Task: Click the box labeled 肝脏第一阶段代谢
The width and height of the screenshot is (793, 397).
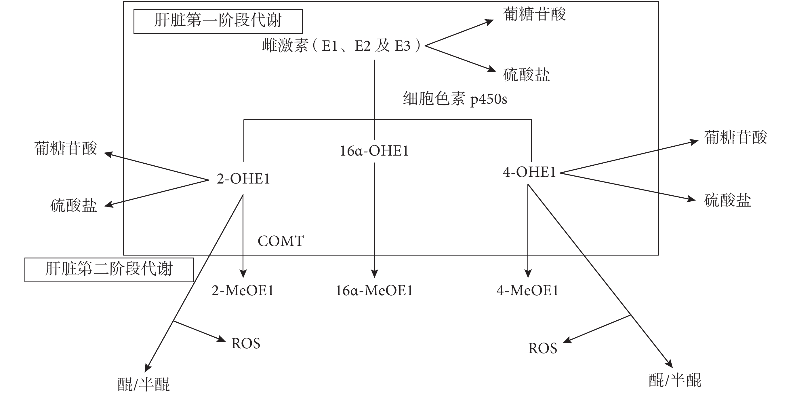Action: (218, 21)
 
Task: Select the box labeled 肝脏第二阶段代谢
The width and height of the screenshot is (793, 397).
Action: (109, 270)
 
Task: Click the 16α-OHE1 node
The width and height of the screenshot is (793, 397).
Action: (374, 151)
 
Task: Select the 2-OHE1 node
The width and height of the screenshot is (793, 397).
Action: (243, 179)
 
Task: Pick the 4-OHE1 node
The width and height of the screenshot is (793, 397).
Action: (529, 172)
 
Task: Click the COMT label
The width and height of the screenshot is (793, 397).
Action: (281, 241)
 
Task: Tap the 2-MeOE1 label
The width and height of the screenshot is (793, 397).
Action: (243, 291)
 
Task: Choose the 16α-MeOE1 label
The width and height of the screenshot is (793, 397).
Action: (374, 291)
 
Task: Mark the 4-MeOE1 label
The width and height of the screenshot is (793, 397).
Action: (527, 291)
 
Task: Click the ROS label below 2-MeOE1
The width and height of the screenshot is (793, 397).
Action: (246, 344)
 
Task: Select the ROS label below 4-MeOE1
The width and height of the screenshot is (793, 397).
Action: (542, 349)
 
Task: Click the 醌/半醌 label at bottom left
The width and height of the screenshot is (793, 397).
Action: (144, 384)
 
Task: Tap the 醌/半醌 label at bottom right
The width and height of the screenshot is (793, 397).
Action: (675, 380)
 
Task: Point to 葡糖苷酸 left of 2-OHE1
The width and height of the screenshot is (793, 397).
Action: (66, 148)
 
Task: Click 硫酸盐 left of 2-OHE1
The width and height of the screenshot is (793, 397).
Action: (74, 206)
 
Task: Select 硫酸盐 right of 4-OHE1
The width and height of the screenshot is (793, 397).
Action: (727, 200)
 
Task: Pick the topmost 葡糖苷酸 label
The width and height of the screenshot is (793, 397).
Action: (534, 14)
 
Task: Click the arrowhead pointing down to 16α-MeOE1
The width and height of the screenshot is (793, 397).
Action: (374, 273)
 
